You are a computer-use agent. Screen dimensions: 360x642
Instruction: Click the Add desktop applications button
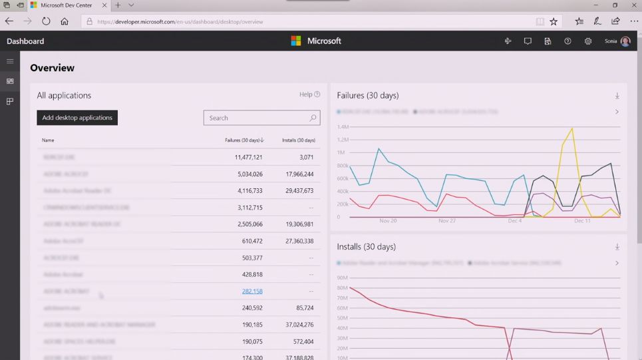pyautogui.click(x=77, y=118)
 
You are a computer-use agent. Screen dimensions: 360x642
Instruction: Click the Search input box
pyautogui.click(x=256, y=118)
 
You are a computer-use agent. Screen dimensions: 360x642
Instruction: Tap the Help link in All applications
pyautogui.click(x=309, y=94)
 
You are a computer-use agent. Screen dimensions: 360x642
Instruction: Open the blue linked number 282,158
pyautogui.click(x=252, y=291)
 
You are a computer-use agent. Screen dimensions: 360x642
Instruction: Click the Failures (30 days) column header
pyautogui.click(x=244, y=140)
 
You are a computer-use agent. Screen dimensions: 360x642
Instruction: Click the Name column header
pyautogui.click(x=48, y=140)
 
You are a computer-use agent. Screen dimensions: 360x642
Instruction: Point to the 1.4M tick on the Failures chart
pyautogui.click(x=343, y=126)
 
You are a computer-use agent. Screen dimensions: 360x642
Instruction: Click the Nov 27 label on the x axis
pyautogui.click(x=447, y=221)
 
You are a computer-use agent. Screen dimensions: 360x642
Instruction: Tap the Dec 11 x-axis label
pyautogui.click(x=582, y=221)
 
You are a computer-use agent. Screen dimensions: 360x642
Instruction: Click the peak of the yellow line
pyautogui.click(x=571, y=128)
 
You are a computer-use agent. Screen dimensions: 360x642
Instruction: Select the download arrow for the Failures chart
pyautogui.click(x=617, y=96)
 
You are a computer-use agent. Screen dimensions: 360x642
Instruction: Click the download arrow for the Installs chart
pyautogui.click(x=617, y=247)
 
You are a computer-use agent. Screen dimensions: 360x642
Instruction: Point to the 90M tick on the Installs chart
pyautogui.click(x=343, y=277)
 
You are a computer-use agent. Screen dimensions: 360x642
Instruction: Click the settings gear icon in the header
pyautogui.click(x=588, y=41)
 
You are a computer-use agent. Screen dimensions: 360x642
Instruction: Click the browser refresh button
pyautogui.click(x=46, y=21)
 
